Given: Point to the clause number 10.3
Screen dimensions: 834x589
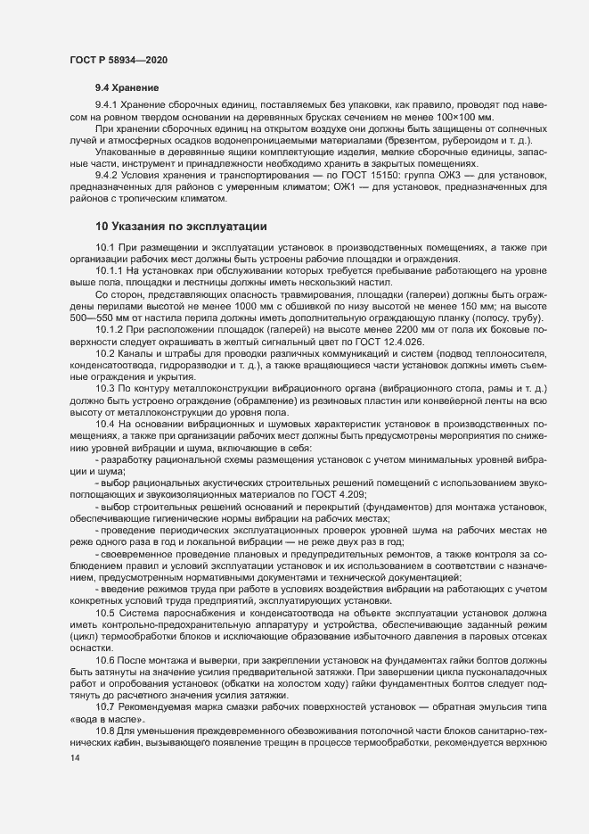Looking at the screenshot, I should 105,389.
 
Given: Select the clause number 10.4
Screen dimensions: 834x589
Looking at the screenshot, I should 105,424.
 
